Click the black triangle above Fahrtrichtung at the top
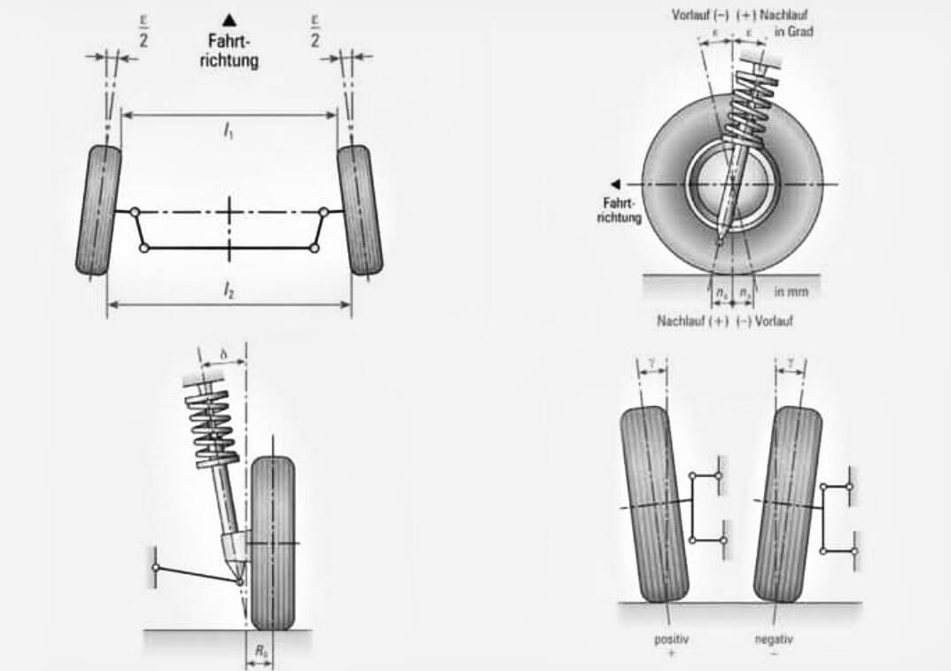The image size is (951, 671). point(230,18)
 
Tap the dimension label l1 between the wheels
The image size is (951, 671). point(229,131)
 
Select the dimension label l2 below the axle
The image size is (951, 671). point(229,290)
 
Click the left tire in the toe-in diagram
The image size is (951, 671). point(98,210)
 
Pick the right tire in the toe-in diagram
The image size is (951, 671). point(360,210)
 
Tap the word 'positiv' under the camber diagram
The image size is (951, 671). point(671,637)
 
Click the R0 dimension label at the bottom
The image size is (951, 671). point(261,651)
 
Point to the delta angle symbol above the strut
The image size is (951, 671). point(224,353)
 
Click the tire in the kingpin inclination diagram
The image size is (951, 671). point(272,542)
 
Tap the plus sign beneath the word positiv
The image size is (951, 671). point(671,651)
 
